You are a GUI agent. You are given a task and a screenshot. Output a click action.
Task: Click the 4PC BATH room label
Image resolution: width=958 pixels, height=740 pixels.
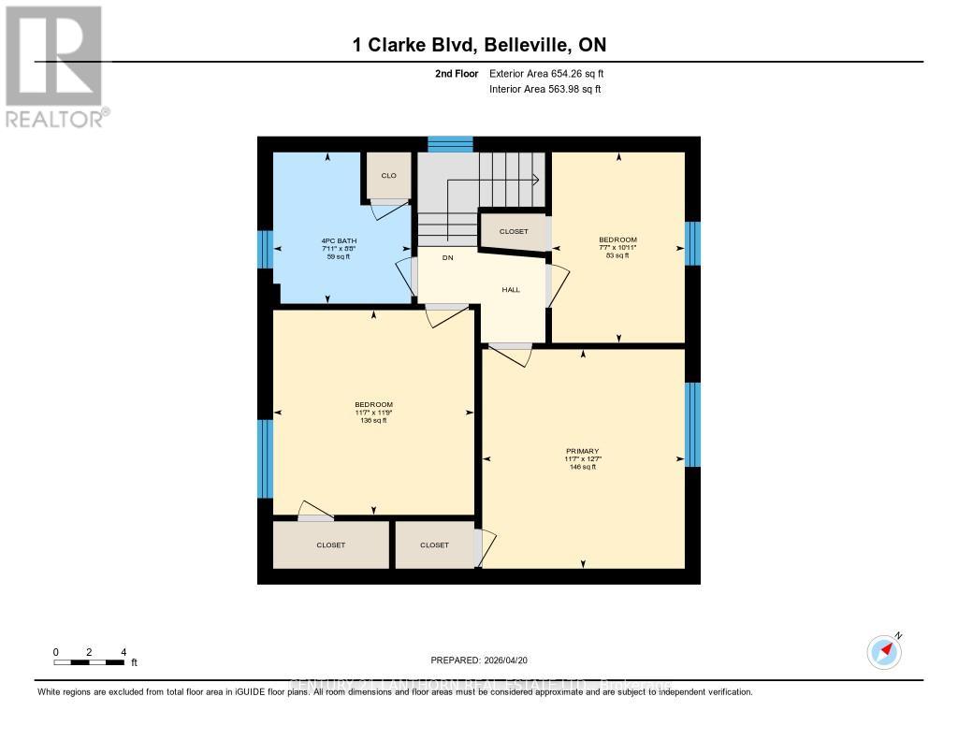(338, 240)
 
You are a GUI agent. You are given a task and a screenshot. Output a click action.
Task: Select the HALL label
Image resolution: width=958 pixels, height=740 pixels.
(511, 290)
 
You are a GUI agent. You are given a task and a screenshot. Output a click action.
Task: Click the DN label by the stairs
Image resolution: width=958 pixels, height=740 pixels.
(448, 258)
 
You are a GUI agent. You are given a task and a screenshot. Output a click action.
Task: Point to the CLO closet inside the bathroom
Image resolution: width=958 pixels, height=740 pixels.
(388, 176)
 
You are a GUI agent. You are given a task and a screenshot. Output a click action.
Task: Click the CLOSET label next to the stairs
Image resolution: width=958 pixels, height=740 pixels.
(513, 232)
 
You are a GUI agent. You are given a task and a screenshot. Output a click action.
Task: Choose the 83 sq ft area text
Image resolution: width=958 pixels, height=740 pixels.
(617, 255)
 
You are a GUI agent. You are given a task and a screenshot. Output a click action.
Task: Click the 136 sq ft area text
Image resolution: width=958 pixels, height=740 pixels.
(374, 421)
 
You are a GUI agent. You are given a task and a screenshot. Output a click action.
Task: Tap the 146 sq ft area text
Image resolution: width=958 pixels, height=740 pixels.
(583, 467)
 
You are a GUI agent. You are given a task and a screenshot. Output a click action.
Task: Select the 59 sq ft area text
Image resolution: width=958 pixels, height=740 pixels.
(338, 256)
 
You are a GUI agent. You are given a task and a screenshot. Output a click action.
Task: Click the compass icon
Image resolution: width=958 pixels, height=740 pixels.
(884, 651)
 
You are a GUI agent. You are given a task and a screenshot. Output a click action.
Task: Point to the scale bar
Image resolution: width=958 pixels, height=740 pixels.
(90, 662)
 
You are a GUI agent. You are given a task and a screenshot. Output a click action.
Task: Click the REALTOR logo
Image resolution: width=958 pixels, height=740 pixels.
(54, 65)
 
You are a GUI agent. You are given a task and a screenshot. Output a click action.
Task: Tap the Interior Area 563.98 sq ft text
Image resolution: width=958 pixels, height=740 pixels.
(545, 89)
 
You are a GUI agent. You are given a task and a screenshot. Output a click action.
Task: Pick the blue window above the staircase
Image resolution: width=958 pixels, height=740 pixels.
(450, 143)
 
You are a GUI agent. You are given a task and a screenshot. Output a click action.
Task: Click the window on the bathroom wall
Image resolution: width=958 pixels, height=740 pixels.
(265, 249)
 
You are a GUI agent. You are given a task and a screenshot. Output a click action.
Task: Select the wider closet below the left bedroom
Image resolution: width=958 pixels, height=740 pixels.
(330, 544)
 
